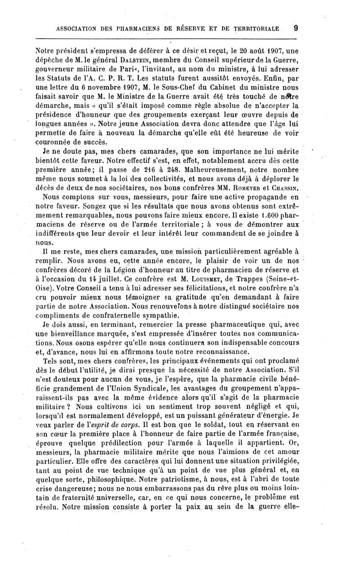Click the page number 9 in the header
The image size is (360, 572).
coord(296,28)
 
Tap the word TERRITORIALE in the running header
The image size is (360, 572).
coord(256,28)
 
